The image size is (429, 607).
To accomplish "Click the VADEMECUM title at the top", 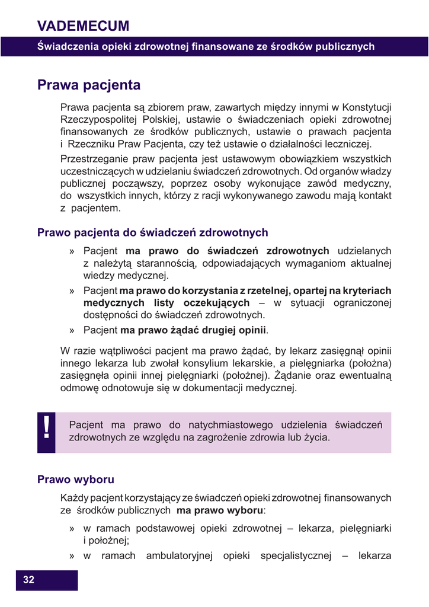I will point(83,25).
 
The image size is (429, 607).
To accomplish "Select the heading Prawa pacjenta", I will point(89,85).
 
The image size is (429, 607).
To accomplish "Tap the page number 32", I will point(28,580).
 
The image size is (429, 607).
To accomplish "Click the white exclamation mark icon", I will point(46,429).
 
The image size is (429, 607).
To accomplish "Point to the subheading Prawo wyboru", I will point(76,479).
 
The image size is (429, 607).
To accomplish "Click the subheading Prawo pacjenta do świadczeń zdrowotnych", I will point(152,232).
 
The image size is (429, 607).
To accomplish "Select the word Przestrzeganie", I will point(93,159).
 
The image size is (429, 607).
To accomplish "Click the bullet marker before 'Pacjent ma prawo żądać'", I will point(71,330).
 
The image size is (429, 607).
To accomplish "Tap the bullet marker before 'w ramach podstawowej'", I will point(71,528).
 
